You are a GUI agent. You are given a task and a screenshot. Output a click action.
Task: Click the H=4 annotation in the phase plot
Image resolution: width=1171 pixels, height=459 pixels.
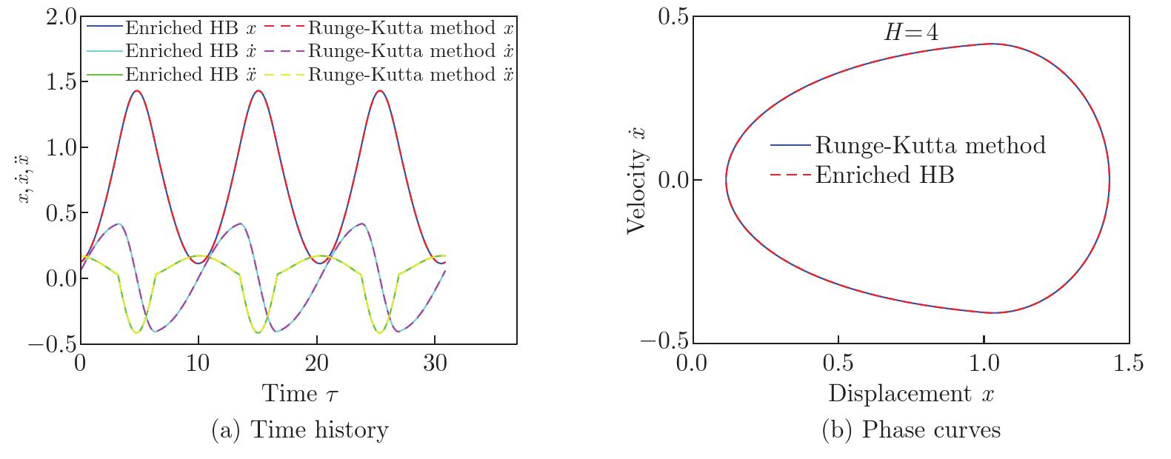click(909, 32)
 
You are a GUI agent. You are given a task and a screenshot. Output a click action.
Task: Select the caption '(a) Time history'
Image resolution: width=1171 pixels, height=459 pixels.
click(299, 430)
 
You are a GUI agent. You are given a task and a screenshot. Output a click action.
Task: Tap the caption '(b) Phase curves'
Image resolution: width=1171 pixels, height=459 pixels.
click(911, 430)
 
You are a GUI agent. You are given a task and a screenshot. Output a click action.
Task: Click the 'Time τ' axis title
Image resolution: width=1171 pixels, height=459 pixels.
click(300, 393)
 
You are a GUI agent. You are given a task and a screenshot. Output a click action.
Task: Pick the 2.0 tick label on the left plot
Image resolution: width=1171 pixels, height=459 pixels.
click(60, 16)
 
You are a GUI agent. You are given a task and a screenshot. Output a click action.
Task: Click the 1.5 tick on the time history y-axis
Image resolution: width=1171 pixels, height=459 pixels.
click(60, 81)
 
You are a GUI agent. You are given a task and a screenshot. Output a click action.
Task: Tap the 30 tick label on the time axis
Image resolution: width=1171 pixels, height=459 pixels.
click(434, 364)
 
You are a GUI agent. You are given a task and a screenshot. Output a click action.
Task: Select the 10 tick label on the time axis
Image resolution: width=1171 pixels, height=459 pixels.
click(198, 364)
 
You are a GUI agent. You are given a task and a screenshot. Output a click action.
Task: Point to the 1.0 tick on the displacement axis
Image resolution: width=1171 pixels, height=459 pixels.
click(983, 363)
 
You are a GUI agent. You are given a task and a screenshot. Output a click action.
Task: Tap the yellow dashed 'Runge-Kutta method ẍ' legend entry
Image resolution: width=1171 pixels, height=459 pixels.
click(410, 75)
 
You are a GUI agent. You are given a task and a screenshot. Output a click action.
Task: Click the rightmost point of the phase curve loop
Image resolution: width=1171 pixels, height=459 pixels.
click(1109, 180)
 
